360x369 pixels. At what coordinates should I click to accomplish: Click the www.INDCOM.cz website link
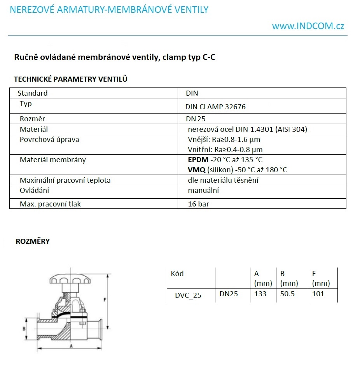(308, 26)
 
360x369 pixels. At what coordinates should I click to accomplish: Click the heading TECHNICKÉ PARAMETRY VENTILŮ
(71, 79)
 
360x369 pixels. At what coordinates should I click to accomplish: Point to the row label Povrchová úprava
(49, 140)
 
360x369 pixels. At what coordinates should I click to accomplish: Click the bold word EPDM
(198, 160)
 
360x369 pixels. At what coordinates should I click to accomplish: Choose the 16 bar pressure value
(198, 204)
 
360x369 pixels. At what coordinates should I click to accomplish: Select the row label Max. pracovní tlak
(51, 204)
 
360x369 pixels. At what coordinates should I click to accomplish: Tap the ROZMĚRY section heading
(33, 241)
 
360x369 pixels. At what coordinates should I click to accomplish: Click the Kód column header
(177, 274)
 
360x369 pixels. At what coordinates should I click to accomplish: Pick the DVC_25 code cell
(188, 295)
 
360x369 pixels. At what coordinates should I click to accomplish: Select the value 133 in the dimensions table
(260, 294)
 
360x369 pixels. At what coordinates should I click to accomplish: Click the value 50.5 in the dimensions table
(287, 294)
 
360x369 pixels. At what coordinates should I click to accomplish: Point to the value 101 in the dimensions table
(318, 294)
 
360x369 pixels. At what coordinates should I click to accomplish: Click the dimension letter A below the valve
(71, 345)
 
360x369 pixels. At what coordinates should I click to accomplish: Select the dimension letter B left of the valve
(24, 329)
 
